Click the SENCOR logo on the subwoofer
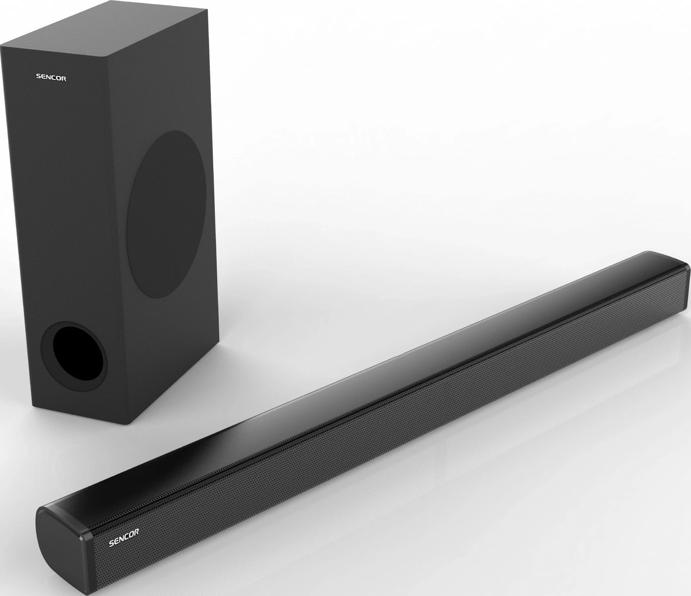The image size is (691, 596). coord(51,77)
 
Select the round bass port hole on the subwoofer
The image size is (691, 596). coord(74,352)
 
